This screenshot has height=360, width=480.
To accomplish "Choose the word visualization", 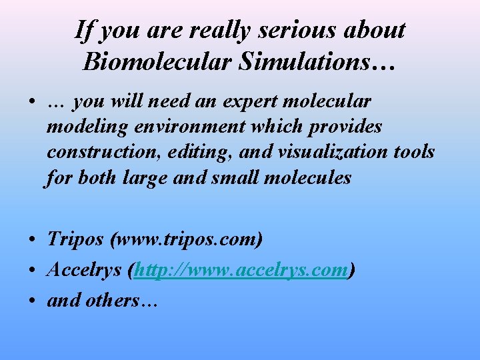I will pyautogui.click(x=341, y=152).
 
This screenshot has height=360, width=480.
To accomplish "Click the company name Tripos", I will pyautogui.click(x=75, y=239).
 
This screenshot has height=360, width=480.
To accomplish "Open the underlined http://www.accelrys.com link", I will pyautogui.click(x=241, y=270).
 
